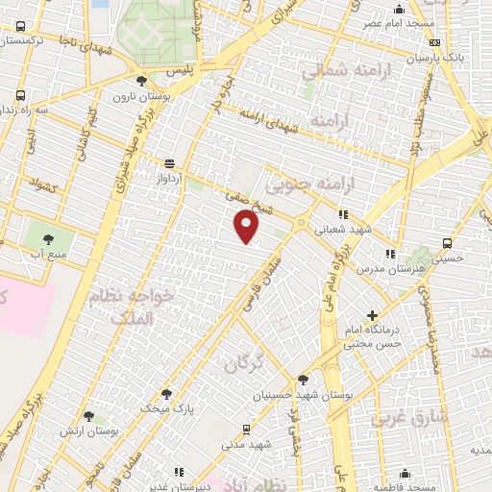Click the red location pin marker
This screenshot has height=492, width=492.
pyautogui.click(x=247, y=227)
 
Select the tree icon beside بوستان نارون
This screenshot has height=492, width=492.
pyautogui.click(x=142, y=81)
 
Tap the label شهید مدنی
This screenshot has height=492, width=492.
pyautogui.click(x=248, y=445)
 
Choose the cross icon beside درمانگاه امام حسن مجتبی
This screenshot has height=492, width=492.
pyautogui.click(x=372, y=315)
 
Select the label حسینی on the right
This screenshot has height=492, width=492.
pyautogui.click(x=446, y=258)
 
